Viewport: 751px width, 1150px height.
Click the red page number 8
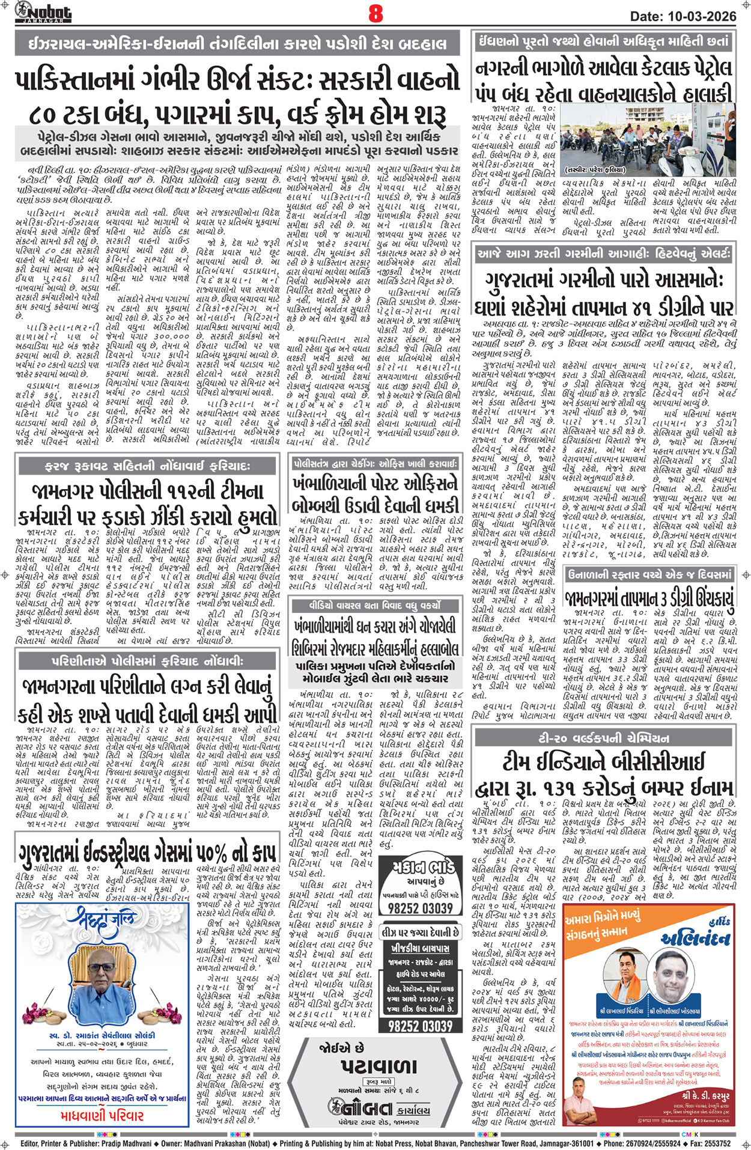coord(375,13)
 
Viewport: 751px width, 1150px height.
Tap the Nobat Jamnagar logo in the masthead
coord(43,12)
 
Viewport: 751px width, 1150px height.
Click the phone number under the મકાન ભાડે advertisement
coord(420,908)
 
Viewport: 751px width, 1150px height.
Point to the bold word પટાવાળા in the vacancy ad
coord(378,1067)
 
